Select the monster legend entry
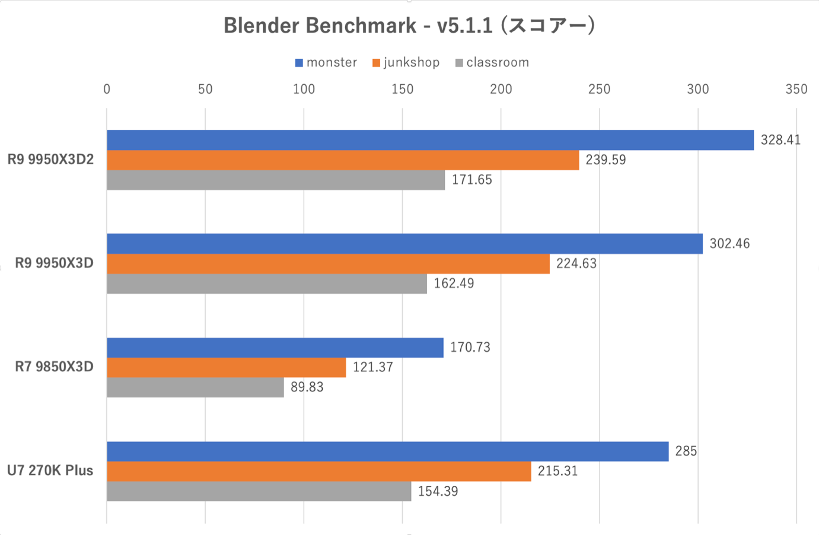point(326,63)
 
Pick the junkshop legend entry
point(406,63)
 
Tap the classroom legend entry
point(492,63)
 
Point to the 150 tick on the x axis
point(402,89)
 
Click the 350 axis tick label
point(796,89)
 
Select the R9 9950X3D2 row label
point(50,160)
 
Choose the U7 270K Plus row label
point(50,471)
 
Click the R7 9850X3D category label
point(54,367)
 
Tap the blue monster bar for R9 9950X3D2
point(430,140)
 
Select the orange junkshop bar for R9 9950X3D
point(328,264)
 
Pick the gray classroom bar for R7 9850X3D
point(195,387)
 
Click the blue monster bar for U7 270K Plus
point(387,451)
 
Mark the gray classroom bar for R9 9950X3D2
point(276,180)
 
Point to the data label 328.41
point(780,140)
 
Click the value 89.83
point(307,387)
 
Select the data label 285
point(686,451)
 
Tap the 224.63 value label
point(576,264)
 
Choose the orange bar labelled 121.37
point(226,367)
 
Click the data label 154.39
point(438,491)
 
